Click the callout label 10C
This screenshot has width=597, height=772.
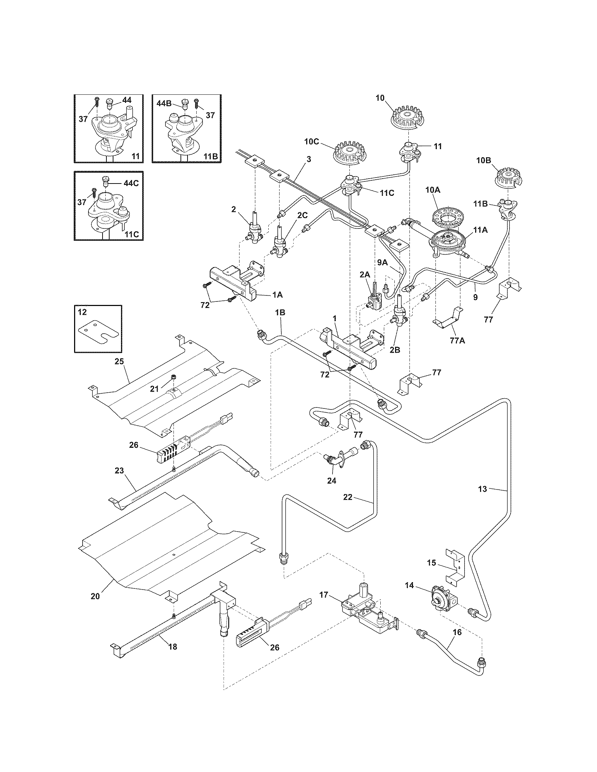(311, 142)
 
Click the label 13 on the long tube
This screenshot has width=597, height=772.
(483, 489)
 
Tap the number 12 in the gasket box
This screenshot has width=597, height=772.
(82, 312)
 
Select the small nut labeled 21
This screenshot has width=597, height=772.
(173, 377)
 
